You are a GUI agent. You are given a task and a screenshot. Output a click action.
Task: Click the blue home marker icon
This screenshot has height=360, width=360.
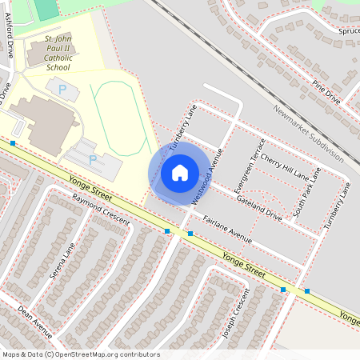tap(180, 172)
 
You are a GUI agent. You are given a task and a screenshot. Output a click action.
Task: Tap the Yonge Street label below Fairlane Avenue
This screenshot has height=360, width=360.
tap(244, 265)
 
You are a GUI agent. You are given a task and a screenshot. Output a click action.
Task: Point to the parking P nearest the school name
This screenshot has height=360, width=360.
tap(62, 90)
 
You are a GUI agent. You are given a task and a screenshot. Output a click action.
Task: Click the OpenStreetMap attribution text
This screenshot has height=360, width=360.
tap(81, 354)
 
